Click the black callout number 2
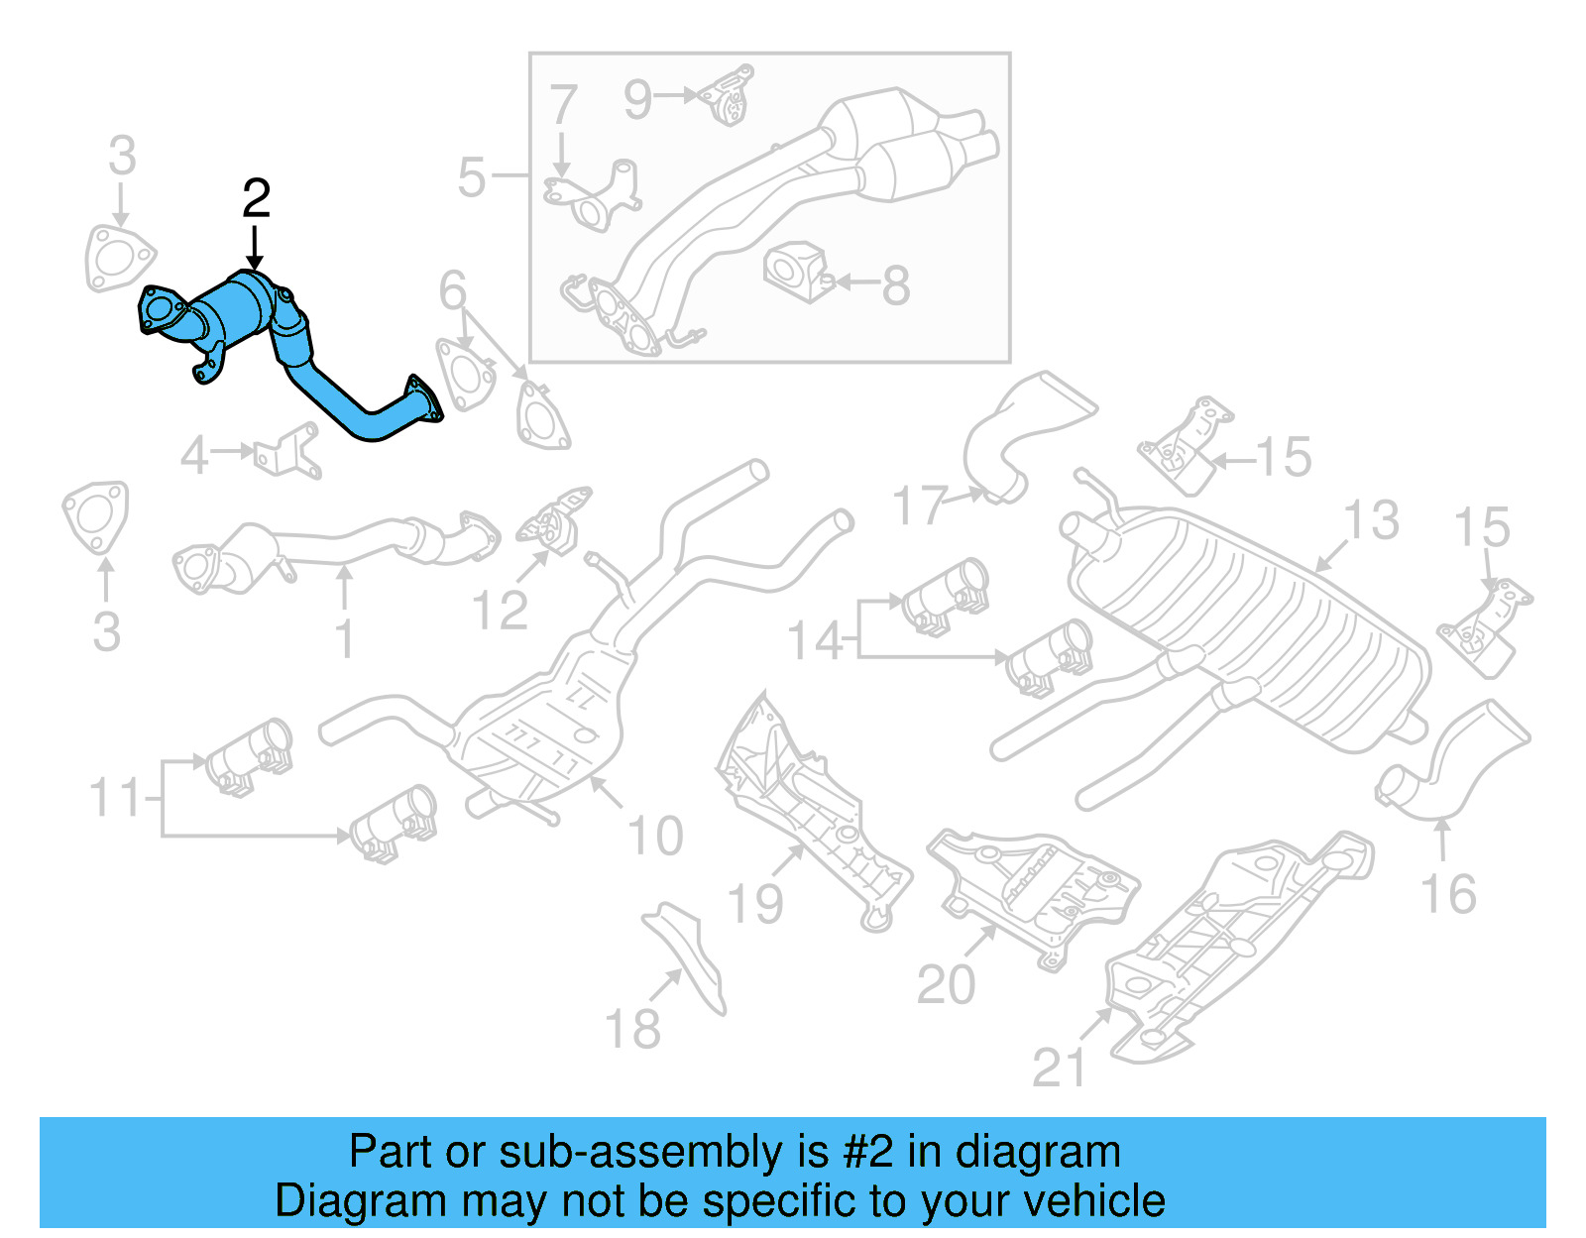256,199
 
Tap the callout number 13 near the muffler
1371,520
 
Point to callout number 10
655,836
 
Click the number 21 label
1059,1068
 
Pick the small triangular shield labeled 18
688,953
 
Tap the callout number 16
1448,894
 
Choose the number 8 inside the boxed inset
895,285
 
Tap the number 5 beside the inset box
472,178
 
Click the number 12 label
500,611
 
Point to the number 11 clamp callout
115,797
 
